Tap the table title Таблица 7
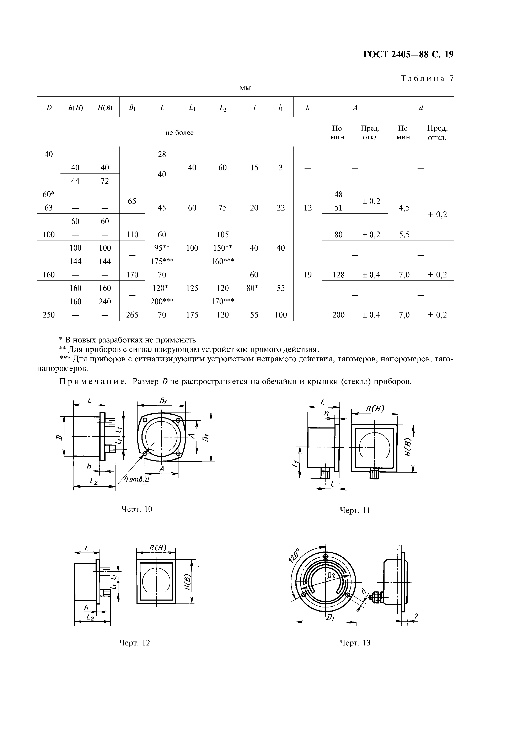click(427, 79)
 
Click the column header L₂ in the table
click(223, 108)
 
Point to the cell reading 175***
click(162, 261)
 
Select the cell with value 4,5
click(404, 208)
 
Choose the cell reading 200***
click(162, 301)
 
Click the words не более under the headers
click(179, 133)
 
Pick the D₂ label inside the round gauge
click(331, 576)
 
